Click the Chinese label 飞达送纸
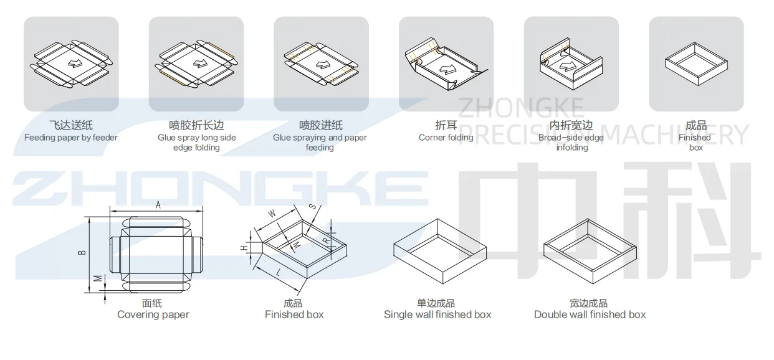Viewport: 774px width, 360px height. (71, 126)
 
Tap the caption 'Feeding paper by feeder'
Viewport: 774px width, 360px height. (71, 138)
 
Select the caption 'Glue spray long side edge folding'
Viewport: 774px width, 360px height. (196, 143)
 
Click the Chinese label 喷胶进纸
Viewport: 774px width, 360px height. (320, 126)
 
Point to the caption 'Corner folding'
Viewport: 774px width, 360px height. (446, 138)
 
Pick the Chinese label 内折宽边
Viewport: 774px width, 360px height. (571, 126)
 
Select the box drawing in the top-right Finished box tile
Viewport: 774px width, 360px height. (696, 63)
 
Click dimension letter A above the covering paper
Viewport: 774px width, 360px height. (158, 205)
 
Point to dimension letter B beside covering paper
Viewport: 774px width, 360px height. (82, 252)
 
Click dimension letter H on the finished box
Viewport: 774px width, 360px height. (245, 248)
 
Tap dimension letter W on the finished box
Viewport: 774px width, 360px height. (272, 214)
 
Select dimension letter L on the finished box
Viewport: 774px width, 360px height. (277, 273)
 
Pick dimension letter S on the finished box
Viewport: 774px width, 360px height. (311, 207)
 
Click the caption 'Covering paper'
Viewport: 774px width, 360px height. (153, 315)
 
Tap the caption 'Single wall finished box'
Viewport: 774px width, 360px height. (437, 315)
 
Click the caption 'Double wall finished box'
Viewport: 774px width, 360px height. (590, 315)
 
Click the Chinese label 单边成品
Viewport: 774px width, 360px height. (436, 303)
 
